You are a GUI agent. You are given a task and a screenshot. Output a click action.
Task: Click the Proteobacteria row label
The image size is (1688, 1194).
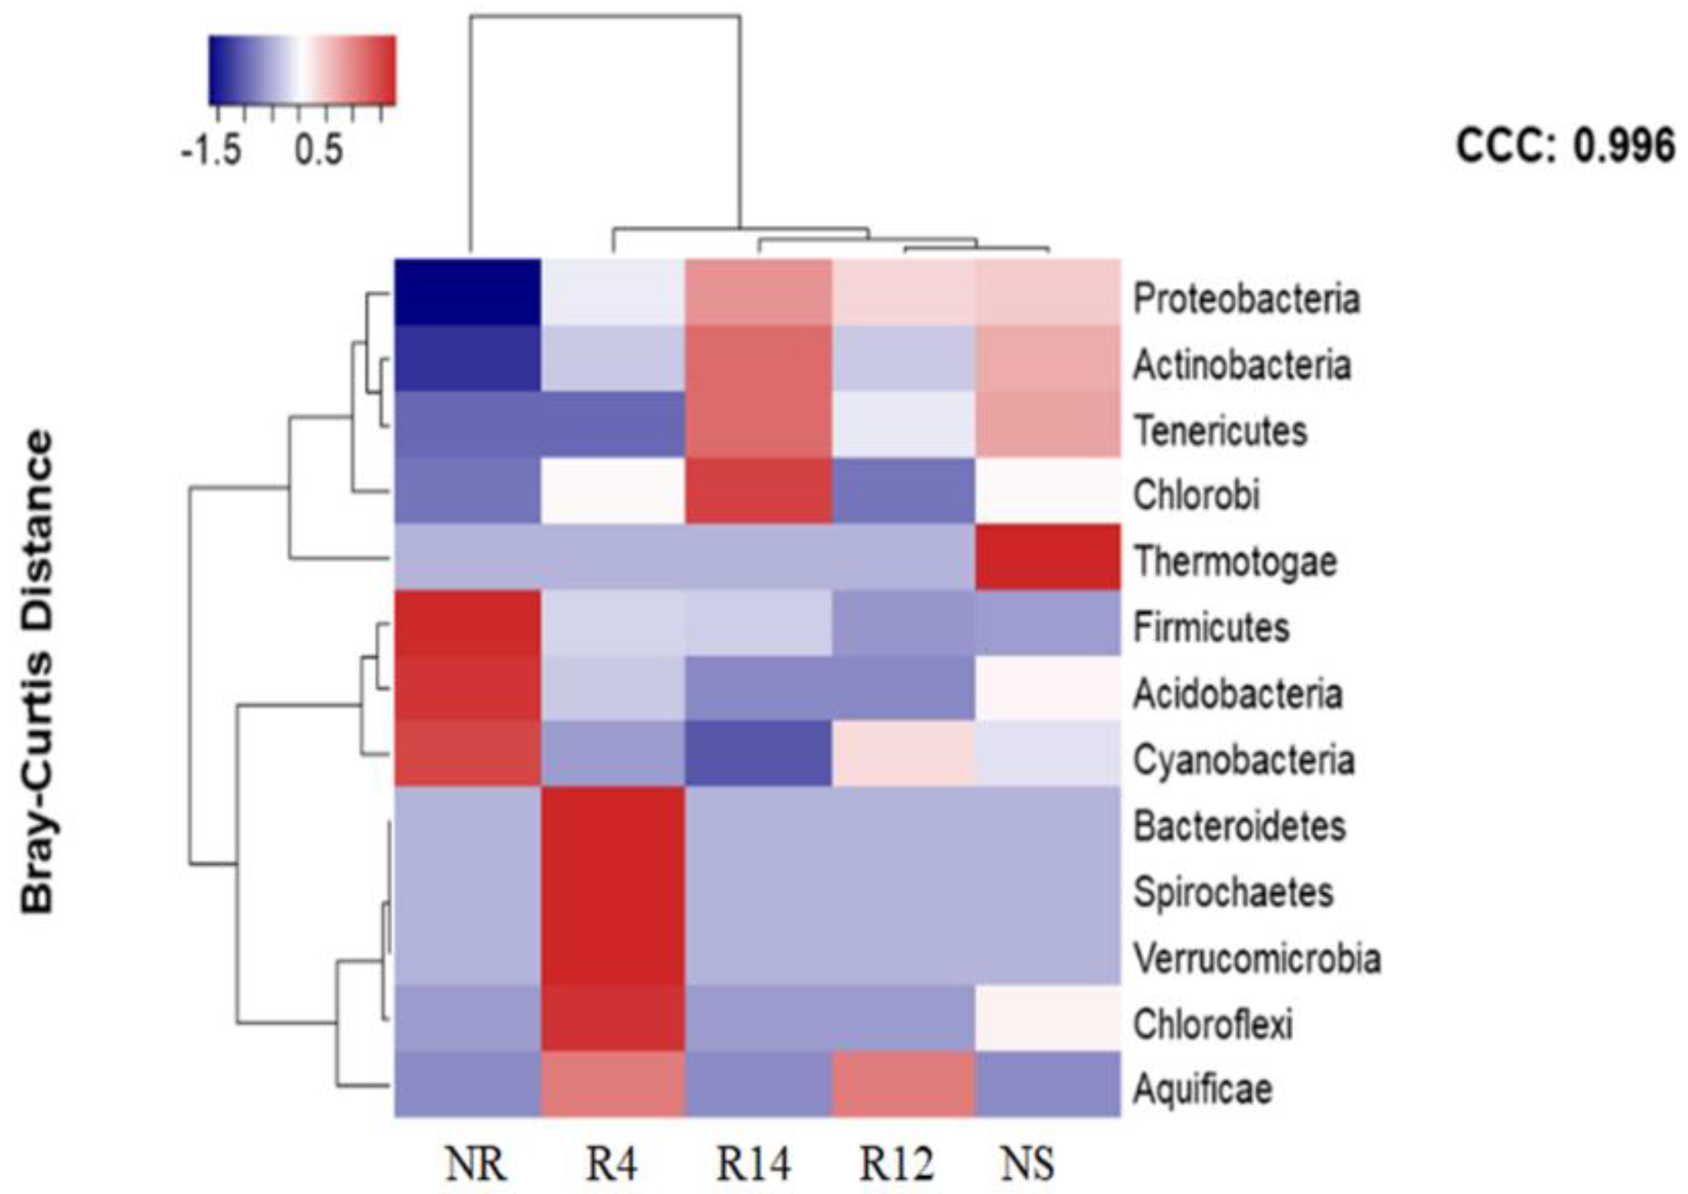tap(1246, 299)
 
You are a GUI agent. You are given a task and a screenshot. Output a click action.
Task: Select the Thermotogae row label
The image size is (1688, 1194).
tap(1235, 562)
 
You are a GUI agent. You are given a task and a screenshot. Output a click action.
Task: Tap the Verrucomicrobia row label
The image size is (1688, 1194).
tap(1257, 958)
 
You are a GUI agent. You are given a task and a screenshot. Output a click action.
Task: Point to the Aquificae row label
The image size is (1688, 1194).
tap(1203, 1089)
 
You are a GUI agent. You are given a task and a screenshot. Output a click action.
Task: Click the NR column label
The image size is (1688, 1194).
tap(475, 1164)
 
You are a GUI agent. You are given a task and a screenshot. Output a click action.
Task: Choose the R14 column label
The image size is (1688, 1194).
tap(753, 1164)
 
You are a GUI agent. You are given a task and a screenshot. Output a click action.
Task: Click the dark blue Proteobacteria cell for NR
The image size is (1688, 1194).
tap(468, 292)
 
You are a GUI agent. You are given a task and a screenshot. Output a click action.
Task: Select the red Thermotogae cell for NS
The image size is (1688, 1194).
tap(1048, 557)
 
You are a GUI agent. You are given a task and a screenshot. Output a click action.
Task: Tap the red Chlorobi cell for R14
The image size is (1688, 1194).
tap(758, 491)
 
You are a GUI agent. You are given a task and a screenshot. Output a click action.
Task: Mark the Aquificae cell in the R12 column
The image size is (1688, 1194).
tap(903, 1084)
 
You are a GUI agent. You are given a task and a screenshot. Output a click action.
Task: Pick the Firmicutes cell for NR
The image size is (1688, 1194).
tap(468, 623)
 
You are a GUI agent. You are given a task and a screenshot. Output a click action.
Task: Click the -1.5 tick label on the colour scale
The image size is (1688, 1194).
tap(211, 150)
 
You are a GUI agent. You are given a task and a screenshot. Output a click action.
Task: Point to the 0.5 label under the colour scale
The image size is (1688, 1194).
tap(319, 150)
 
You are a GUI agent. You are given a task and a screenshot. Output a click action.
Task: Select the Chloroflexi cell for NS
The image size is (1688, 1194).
tap(1048, 1018)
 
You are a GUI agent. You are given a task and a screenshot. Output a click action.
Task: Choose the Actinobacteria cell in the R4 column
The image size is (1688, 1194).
tap(613, 358)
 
